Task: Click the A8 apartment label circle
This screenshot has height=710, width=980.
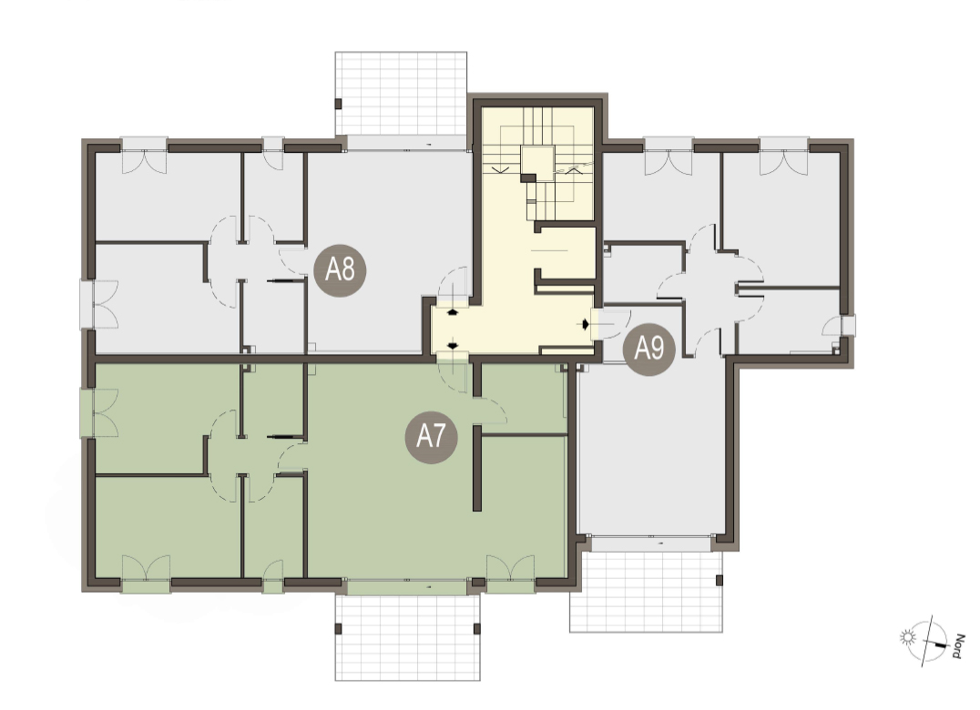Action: tap(340, 269)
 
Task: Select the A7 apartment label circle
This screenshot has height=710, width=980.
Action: tap(431, 437)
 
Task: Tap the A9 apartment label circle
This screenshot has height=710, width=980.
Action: tap(649, 349)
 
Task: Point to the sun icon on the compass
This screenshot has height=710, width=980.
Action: tap(907, 637)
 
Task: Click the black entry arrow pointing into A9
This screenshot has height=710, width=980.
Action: tap(586, 324)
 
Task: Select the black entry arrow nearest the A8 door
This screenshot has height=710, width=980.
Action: tap(454, 311)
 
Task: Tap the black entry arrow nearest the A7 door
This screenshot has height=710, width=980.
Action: tap(454, 345)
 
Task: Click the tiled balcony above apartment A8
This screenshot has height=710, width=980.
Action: tap(402, 93)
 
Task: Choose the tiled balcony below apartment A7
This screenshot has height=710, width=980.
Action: tap(408, 637)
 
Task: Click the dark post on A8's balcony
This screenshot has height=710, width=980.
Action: tap(339, 104)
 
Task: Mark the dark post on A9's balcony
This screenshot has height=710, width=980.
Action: tap(720, 580)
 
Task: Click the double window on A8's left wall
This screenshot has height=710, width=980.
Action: tap(99, 304)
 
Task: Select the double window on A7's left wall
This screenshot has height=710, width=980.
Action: tap(99, 412)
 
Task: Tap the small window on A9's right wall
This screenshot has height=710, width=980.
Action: tap(847, 326)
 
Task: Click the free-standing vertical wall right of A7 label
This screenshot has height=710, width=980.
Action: tap(477, 469)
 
